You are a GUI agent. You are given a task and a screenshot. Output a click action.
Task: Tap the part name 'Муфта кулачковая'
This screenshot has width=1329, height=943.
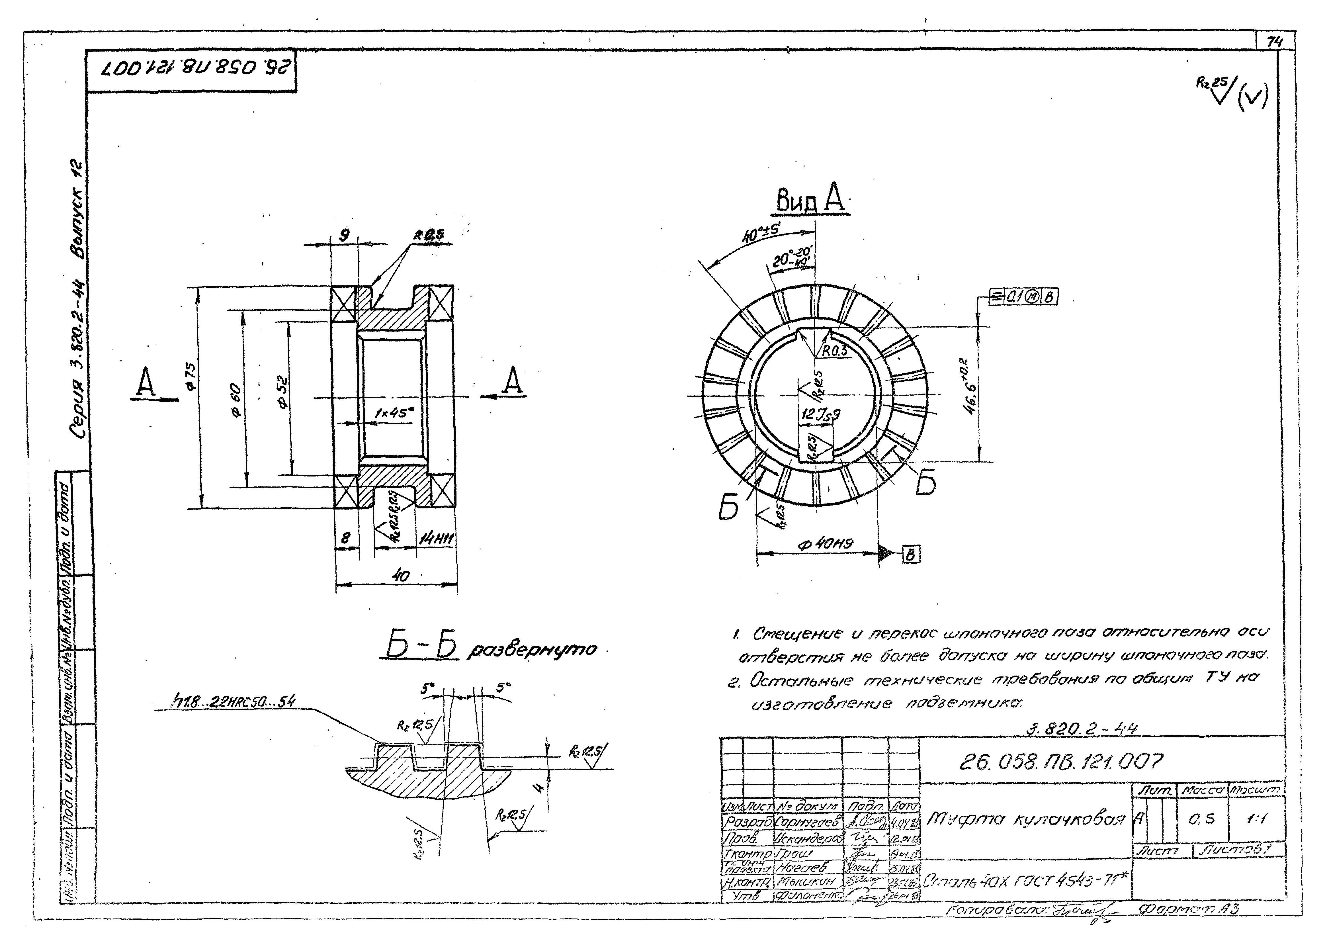coord(1025,819)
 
